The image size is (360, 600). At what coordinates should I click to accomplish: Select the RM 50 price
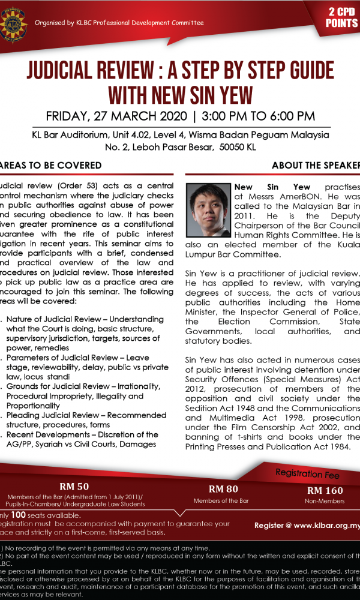click(75, 486)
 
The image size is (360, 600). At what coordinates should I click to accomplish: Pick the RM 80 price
click(223, 489)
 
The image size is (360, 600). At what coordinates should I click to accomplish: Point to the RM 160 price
click(325, 490)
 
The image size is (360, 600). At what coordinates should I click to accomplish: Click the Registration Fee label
click(307, 474)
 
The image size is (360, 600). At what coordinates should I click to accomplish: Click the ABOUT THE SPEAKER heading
click(316, 165)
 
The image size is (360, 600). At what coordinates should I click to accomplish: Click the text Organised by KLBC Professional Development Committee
click(119, 23)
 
